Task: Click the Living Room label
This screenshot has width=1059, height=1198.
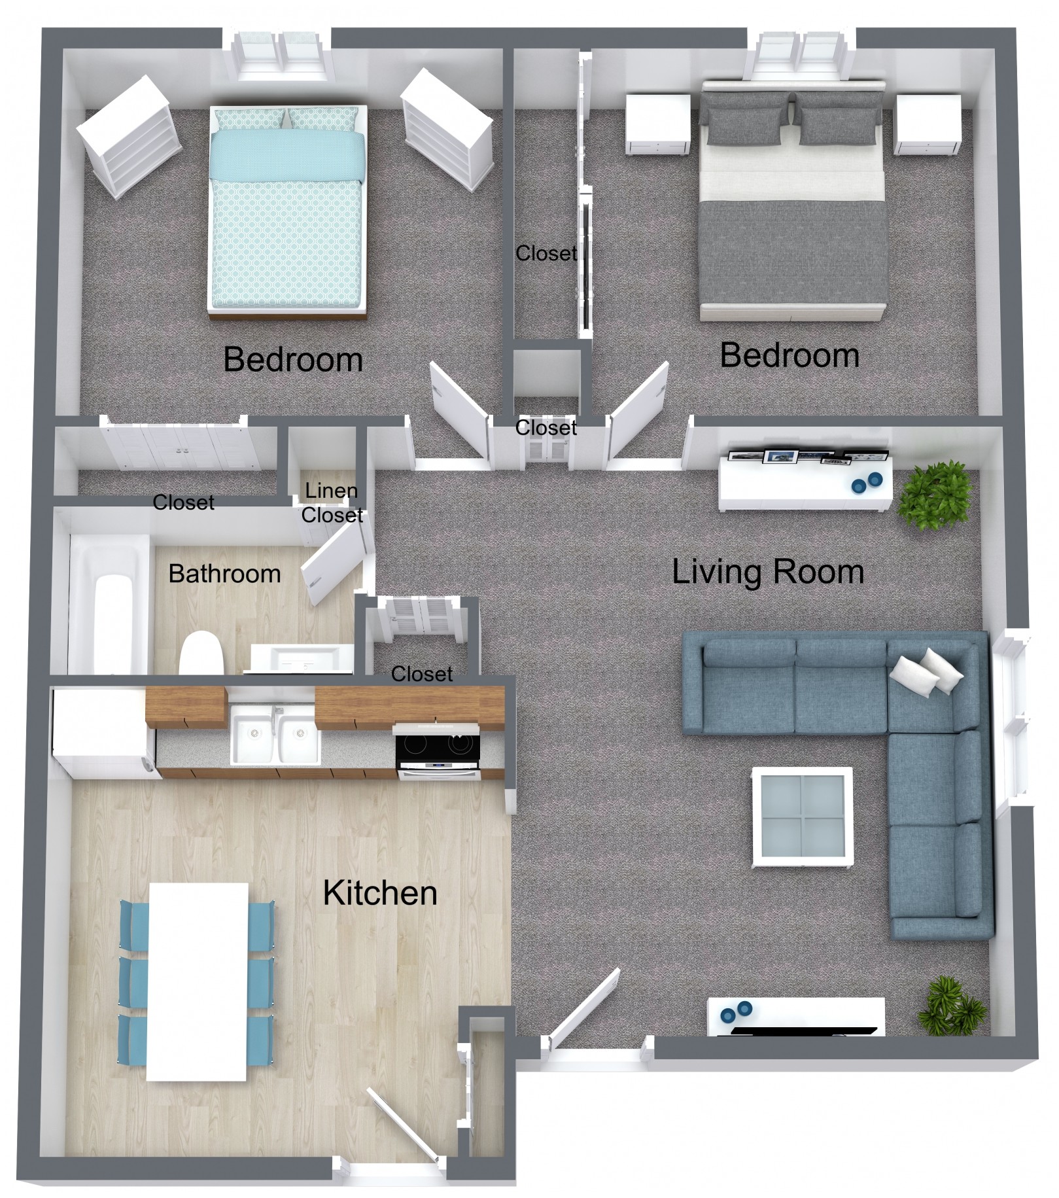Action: pos(768,571)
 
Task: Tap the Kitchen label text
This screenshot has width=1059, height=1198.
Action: pos(380,893)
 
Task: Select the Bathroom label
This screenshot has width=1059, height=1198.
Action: pos(224,574)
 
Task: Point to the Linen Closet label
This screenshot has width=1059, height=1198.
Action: pos(332,502)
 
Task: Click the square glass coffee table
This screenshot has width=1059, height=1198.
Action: pos(803,817)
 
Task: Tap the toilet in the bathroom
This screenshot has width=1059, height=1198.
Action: pos(201,652)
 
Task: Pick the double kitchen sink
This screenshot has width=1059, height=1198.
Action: pos(275,731)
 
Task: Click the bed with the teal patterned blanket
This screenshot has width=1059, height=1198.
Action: pos(286,211)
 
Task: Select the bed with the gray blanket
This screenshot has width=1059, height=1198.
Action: pos(793,200)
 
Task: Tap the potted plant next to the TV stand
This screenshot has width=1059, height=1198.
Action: pos(952,1006)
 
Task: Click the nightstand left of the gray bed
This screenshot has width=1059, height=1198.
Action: pos(657,124)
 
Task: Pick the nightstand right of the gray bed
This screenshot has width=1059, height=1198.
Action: pos(928,124)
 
